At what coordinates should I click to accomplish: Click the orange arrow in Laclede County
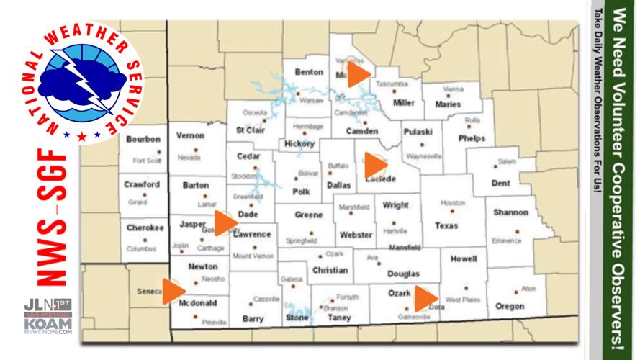[x=375, y=166]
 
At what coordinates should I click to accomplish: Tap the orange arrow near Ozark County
[x=425, y=298]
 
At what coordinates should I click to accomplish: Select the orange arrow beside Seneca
[x=173, y=291]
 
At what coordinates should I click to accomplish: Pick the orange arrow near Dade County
[x=225, y=223]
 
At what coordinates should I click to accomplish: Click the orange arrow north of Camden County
[x=358, y=75]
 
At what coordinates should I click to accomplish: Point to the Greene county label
[x=309, y=215]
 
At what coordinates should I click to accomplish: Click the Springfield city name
[x=301, y=240]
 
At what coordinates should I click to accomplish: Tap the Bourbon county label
[x=143, y=139]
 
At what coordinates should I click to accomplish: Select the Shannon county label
[x=511, y=212]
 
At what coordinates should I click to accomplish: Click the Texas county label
[x=446, y=225]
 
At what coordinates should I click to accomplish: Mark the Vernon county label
[x=190, y=135]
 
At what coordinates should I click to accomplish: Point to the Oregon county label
[x=510, y=306]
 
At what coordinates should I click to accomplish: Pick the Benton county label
[x=309, y=72]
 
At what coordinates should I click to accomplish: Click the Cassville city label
[x=266, y=300]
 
